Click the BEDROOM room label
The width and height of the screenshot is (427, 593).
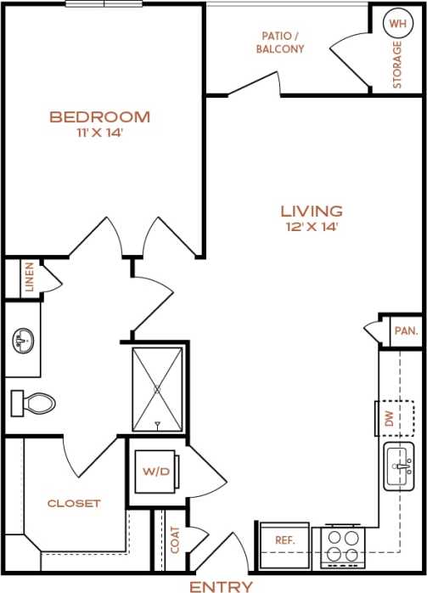tap(99, 116)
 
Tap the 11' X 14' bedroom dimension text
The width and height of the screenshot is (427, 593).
tap(99, 133)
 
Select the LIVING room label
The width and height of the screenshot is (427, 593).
tap(312, 211)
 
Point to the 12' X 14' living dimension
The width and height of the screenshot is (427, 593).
tap(312, 227)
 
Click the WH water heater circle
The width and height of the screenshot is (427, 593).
tap(396, 23)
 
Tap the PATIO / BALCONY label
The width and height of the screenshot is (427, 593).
tap(279, 42)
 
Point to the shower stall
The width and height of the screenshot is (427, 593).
tap(157, 388)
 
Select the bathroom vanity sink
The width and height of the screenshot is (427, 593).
tap(22, 342)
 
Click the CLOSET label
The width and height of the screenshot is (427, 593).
tap(73, 503)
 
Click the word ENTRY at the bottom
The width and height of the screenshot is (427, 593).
tap(221, 586)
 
